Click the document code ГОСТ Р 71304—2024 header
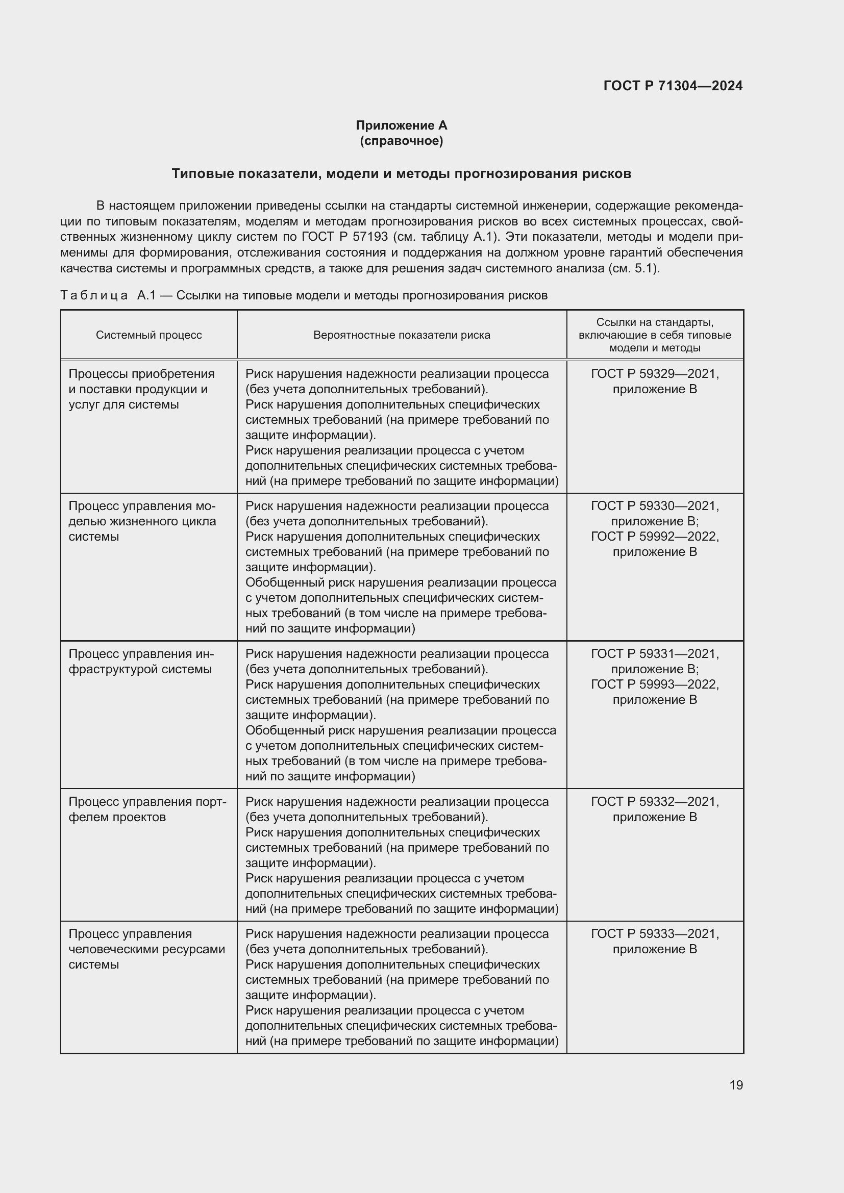tap(673, 86)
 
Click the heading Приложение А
tap(401, 125)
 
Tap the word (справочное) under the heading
tap(401, 141)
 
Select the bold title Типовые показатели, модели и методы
tap(401, 173)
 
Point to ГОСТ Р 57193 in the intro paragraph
tap(344, 237)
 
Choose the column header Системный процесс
tap(148, 335)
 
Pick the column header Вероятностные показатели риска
tap(401, 335)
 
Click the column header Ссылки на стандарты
tap(654, 335)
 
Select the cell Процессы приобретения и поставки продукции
tap(141, 389)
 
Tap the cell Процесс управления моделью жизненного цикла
tap(142, 521)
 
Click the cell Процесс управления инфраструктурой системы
tap(141, 662)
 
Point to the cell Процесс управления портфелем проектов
tap(147, 809)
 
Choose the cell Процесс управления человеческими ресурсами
tap(146, 949)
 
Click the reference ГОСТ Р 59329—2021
tap(654, 374)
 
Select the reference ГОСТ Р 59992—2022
tap(654, 537)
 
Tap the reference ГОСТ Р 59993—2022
tap(654, 684)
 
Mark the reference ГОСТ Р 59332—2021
tap(654, 802)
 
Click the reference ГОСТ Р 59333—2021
tap(654, 934)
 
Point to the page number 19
tap(736, 1085)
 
